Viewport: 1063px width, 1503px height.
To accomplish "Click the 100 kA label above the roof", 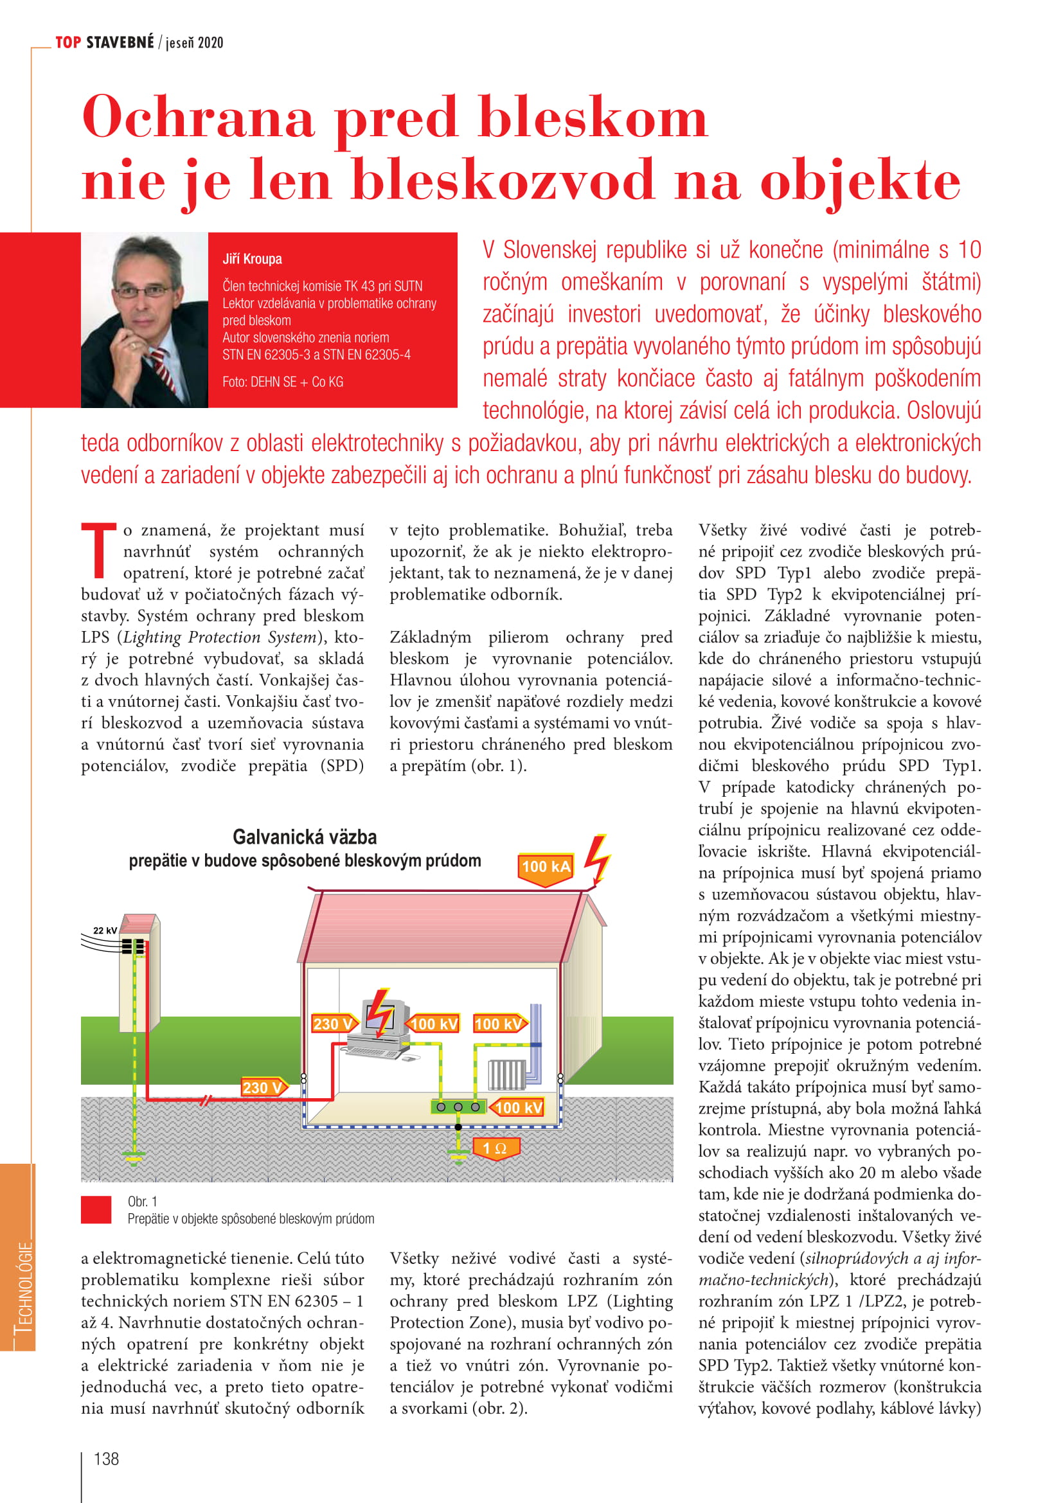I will pos(545,867).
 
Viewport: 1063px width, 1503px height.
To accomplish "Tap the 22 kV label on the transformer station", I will pos(105,930).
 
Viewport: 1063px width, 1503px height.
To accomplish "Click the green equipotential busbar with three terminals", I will pos(458,1107).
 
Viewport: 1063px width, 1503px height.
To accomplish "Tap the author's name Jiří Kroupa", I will pos(252,259).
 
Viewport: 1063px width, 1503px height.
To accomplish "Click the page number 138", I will pos(107,1459).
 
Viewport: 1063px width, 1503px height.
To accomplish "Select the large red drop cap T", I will pos(98,550).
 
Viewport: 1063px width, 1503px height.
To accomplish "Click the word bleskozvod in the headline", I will pos(503,179).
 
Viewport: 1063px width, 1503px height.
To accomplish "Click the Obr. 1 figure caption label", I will pos(142,1201).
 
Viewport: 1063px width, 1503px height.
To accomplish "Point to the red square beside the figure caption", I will pos(96,1210).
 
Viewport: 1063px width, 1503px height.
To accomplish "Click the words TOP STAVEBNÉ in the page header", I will pos(105,42).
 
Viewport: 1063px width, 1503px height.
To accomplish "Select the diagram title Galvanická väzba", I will pos(305,837).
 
